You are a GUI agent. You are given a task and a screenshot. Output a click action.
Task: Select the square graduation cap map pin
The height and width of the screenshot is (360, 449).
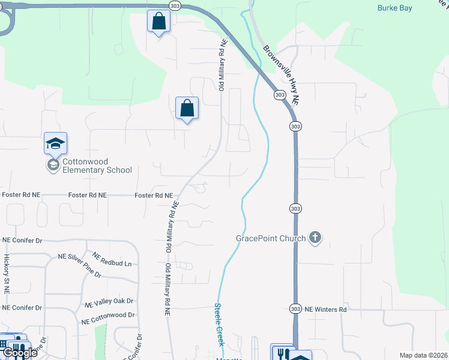pyautogui.click(x=55, y=143)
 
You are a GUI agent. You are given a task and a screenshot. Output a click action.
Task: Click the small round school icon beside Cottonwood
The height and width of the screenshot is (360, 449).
pyautogui.click(x=52, y=165)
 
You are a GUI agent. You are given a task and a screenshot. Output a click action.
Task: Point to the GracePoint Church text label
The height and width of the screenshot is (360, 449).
pyautogui.click(x=271, y=238)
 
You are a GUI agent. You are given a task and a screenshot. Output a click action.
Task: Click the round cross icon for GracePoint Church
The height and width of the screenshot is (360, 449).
pyautogui.click(x=315, y=238)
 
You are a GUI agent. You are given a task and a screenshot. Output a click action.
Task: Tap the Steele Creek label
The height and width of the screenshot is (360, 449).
pyautogui.click(x=219, y=324)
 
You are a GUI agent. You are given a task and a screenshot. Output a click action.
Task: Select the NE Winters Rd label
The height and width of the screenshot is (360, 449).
pyautogui.click(x=326, y=309)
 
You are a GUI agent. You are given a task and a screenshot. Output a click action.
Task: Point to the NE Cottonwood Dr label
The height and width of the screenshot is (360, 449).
pyautogui.click(x=108, y=314)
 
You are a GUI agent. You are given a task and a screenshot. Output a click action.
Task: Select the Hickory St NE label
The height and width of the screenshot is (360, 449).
pyautogui.click(x=7, y=273)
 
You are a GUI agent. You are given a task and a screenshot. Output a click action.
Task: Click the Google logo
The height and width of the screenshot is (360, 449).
pyautogui.click(x=19, y=352)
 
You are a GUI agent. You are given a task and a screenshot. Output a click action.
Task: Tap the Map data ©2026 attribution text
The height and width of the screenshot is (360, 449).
pyautogui.click(x=423, y=355)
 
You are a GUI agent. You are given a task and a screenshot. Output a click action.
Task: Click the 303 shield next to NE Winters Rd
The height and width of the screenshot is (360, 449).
pyautogui.click(x=295, y=308)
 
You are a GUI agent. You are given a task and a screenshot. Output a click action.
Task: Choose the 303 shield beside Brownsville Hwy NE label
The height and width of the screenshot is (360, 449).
pyautogui.click(x=279, y=95)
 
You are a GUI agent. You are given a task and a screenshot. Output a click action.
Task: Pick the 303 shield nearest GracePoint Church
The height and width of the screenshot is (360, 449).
pyautogui.click(x=295, y=208)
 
